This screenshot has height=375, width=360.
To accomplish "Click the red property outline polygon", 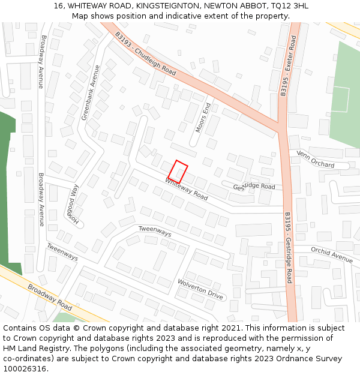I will [x=178, y=171].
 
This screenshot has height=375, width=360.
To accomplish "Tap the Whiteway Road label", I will [x=187, y=189].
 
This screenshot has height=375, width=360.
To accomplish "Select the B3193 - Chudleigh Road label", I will [x=146, y=53].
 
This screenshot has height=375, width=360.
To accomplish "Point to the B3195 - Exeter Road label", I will [x=289, y=65].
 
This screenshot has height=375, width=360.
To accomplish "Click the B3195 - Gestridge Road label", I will [x=289, y=247].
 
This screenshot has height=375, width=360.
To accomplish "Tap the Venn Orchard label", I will [x=315, y=160].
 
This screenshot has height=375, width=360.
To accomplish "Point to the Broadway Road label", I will [x=49, y=297].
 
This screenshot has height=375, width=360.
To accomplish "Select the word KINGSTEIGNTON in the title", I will [x=169, y=5].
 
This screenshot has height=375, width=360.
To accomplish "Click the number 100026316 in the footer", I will [x=25, y=368].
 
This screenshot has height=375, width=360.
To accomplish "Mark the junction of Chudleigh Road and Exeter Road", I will [x=281, y=127].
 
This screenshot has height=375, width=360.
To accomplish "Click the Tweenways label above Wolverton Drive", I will [x=155, y=231].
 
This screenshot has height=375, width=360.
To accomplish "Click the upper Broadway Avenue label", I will [x=41, y=62].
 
